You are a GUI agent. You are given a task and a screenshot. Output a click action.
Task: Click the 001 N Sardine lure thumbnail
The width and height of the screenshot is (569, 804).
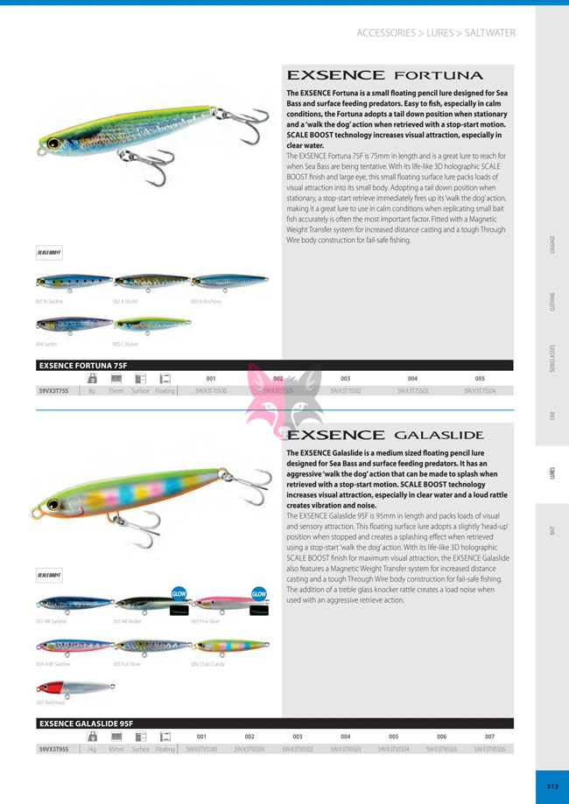point(73,282)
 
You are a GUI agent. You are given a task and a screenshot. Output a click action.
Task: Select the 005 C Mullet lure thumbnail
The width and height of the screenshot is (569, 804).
point(151,325)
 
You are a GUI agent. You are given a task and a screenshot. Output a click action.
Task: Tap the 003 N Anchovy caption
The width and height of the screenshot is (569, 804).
point(206,301)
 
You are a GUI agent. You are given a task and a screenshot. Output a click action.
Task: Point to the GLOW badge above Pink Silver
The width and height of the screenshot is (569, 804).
point(258,593)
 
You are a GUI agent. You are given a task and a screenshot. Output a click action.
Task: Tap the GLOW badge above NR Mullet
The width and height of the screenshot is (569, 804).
point(179,592)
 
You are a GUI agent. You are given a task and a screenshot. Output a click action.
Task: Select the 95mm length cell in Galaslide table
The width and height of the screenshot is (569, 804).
point(116,750)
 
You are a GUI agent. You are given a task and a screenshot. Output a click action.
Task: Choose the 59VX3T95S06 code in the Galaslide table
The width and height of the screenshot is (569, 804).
point(489,750)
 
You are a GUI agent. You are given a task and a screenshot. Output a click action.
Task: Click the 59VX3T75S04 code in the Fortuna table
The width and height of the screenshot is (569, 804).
point(480,393)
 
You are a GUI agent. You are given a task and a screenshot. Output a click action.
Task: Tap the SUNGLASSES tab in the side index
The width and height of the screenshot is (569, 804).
point(552,358)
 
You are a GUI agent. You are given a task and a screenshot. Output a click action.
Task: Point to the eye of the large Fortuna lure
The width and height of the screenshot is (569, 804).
point(53,143)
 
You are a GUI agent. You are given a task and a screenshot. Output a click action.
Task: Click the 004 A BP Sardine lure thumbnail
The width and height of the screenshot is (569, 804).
point(74,645)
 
